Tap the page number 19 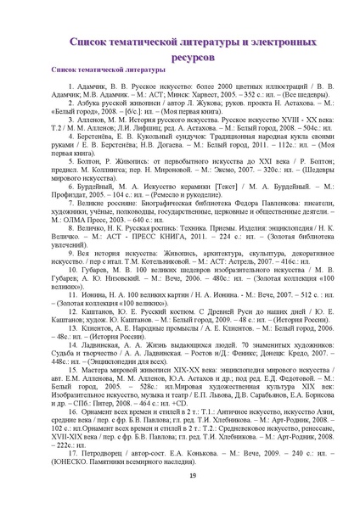click(180, 483)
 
